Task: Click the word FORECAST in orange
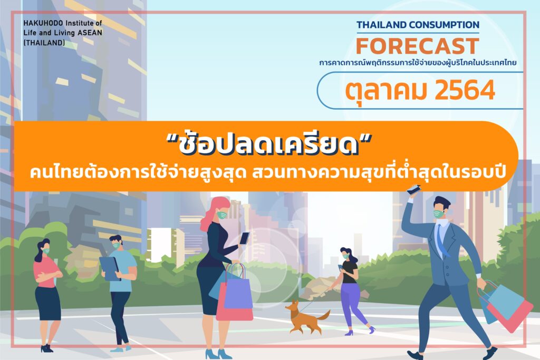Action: (418, 46)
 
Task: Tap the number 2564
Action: (465, 90)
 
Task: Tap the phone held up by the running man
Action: (413, 190)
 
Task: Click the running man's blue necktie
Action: (442, 240)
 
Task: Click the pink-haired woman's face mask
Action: (222, 216)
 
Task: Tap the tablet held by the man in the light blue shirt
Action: (110, 268)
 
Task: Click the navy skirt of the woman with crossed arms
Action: (48, 304)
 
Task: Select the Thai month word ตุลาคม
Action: (385, 91)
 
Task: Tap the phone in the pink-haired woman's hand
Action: (244, 238)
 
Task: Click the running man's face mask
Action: (439, 213)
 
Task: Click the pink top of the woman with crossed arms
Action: (45, 272)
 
